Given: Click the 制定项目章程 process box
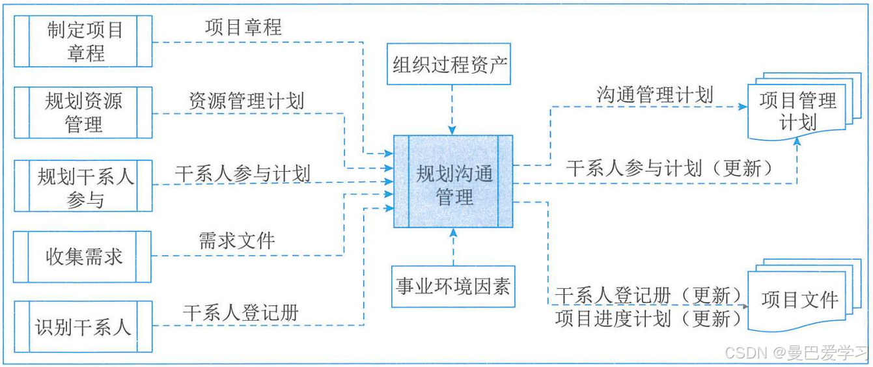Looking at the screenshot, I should click(x=83, y=42).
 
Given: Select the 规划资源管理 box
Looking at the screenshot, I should click(x=83, y=112).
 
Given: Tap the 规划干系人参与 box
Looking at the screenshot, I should click(x=83, y=185).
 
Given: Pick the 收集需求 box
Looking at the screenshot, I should click(x=83, y=256).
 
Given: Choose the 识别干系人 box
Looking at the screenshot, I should click(x=83, y=326).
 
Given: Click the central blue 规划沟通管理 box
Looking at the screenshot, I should click(x=453, y=182).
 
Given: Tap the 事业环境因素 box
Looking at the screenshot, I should click(x=453, y=286).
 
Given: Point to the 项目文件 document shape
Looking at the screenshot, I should click(x=799, y=299).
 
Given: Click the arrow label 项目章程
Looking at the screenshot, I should click(x=243, y=27).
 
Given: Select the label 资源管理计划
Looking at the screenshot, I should click(x=246, y=101).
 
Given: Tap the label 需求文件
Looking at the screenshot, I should click(x=237, y=241).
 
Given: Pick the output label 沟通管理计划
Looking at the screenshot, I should click(x=655, y=94).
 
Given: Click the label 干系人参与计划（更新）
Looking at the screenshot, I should click(x=670, y=169).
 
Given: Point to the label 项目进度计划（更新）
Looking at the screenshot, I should click(x=648, y=319).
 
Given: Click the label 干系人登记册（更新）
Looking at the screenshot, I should click(x=648, y=295).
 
